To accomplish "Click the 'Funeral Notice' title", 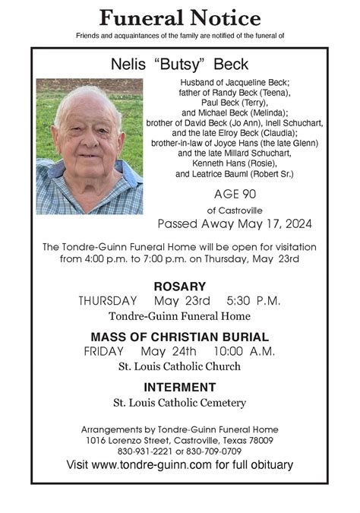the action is click(x=179, y=17).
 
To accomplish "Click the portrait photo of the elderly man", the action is click(x=89, y=146).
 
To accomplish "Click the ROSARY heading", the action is click(x=179, y=287).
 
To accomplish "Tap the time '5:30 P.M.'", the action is click(x=254, y=301).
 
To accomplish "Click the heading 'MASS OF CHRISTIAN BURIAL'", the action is click(x=179, y=337).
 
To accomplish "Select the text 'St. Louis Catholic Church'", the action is click(x=179, y=366).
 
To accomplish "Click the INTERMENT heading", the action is click(x=179, y=387).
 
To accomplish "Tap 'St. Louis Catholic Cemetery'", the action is click(x=179, y=402).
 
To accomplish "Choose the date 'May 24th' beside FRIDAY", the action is click(x=169, y=351).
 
